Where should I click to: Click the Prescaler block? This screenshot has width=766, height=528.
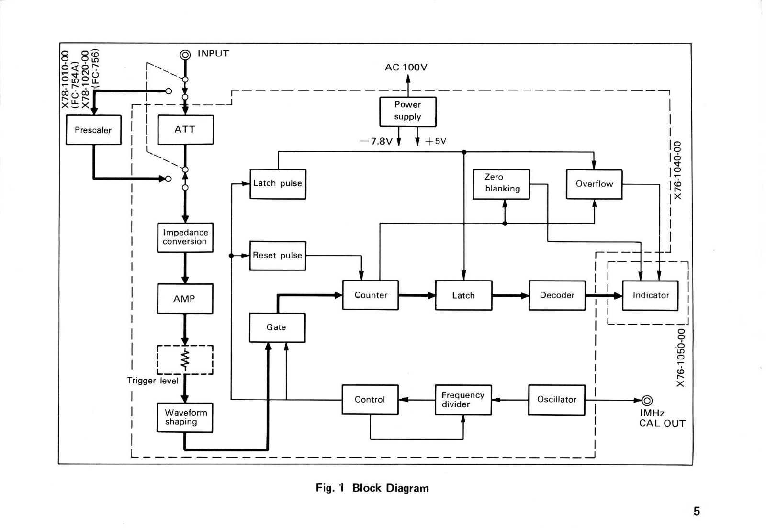pos(93,130)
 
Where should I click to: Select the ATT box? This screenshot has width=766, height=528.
pos(185,130)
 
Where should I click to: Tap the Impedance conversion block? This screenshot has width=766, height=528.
pos(185,237)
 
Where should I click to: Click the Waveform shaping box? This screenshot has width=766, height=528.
pos(185,417)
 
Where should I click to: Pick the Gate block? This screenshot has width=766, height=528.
pos(277,327)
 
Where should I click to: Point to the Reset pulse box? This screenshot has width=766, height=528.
pos(278,256)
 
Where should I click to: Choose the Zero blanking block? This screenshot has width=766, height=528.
pos(501,184)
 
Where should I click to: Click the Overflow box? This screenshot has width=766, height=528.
pos(594,184)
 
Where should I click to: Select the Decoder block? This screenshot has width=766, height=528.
pos(557,295)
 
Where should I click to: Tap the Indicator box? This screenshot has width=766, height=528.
pos(650,295)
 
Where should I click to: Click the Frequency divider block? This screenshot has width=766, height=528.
pos(463,400)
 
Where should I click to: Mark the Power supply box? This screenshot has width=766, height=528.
pos(407,112)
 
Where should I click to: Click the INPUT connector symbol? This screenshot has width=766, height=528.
pos(185,55)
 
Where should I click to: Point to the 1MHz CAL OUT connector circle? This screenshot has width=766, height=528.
pos(647,400)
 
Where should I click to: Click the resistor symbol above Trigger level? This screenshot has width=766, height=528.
pos(185,359)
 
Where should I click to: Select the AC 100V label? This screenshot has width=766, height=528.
pos(406,67)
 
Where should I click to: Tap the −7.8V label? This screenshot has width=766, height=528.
pos(376,141)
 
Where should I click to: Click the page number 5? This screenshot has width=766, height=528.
pos(697,511)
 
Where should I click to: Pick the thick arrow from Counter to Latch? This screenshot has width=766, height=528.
pos(417,295)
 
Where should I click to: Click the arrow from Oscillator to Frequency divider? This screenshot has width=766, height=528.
pos(510,400)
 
